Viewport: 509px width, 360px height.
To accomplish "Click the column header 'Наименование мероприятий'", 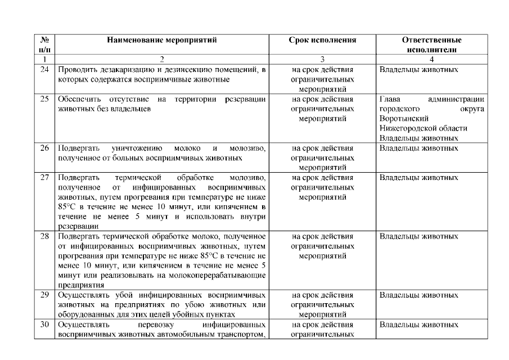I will (x=163, y=40).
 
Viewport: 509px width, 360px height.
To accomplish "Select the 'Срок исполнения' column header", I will (x=323, y=40).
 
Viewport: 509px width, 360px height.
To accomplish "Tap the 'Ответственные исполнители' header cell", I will (x=431, y=44).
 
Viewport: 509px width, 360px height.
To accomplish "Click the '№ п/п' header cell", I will (x=44, y=44).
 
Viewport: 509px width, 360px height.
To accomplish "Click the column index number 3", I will (x=323, y=58).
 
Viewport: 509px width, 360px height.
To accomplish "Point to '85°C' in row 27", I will (x=67, y=207).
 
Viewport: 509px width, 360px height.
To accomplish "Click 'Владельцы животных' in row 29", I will (x=418, y=295).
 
